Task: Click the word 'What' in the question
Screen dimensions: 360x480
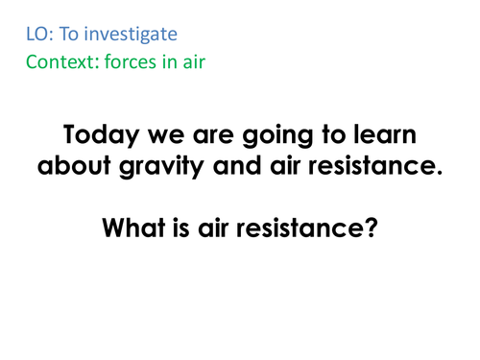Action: point(144,229)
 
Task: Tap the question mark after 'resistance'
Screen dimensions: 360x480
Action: point(366,229)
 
